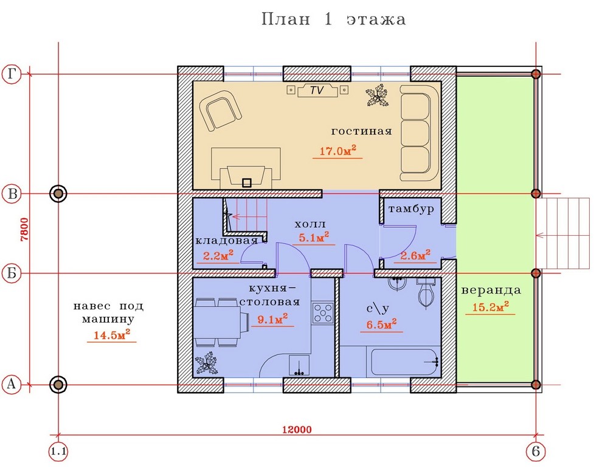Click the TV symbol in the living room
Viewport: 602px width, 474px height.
tap(317, 91)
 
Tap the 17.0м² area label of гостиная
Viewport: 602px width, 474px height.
tap(337, 151)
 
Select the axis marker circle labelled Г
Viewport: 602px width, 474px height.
tap(12, 74)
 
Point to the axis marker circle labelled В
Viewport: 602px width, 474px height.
tap(12, 193)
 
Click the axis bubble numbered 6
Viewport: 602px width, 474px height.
tap(536, 452)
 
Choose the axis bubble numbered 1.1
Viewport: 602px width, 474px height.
tap(58, 452)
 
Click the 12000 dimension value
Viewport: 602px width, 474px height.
tap(297, 430)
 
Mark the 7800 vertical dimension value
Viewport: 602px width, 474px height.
tap(24, 229)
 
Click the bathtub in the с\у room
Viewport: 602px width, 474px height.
tap(406, 362)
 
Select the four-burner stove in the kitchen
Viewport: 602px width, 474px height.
tap(323, 313)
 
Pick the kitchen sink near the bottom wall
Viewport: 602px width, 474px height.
tap(299, 365)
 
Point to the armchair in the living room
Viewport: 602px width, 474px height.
tap(220, 111)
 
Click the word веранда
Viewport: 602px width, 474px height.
tap(491, 290)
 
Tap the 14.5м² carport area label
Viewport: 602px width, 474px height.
tap(112, 334)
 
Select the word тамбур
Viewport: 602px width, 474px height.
tap(411, 209)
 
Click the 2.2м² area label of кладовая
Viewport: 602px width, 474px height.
tap(218, 255)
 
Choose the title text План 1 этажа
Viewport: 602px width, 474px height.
tap(333, 19)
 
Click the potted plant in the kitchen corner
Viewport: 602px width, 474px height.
tap(206, 365)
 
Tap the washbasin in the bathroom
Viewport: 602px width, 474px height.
tap(397, 283)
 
